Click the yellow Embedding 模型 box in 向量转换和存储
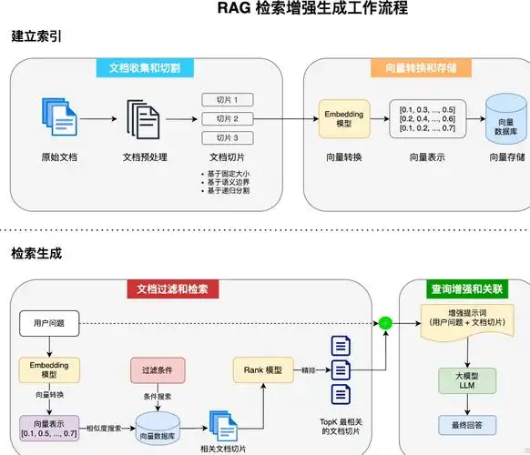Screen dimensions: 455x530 (x=343, y=120)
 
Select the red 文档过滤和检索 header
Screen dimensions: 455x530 (x=172, y=289)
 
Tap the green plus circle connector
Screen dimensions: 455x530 (x=384, y=322)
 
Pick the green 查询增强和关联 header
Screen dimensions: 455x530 (x=466, y=289)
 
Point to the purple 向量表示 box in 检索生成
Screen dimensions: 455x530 (x=49, y=427)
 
